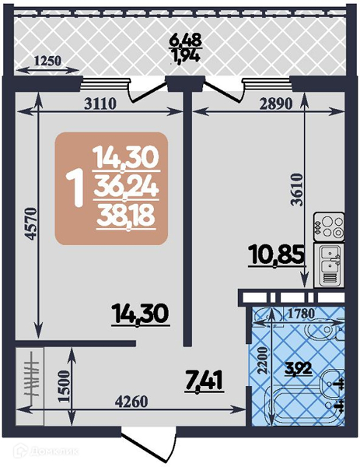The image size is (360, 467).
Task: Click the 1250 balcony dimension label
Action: click(47, 61)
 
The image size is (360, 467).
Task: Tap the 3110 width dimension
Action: click(100, 104)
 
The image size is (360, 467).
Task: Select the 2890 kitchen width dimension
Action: click(276, 104)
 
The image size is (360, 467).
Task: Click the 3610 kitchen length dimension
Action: click(297, 189)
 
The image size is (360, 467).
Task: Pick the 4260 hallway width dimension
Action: click(131, 402)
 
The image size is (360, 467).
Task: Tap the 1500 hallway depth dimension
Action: click(64, 386)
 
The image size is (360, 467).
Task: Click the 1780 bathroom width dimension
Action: click(301, 314)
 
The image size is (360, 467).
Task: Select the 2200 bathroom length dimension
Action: click(264, 360)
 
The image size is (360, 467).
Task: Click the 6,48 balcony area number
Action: click(185, 39)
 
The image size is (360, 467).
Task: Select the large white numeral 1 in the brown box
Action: click(75, 189)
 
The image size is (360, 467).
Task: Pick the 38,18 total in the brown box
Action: click(127, 216)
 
